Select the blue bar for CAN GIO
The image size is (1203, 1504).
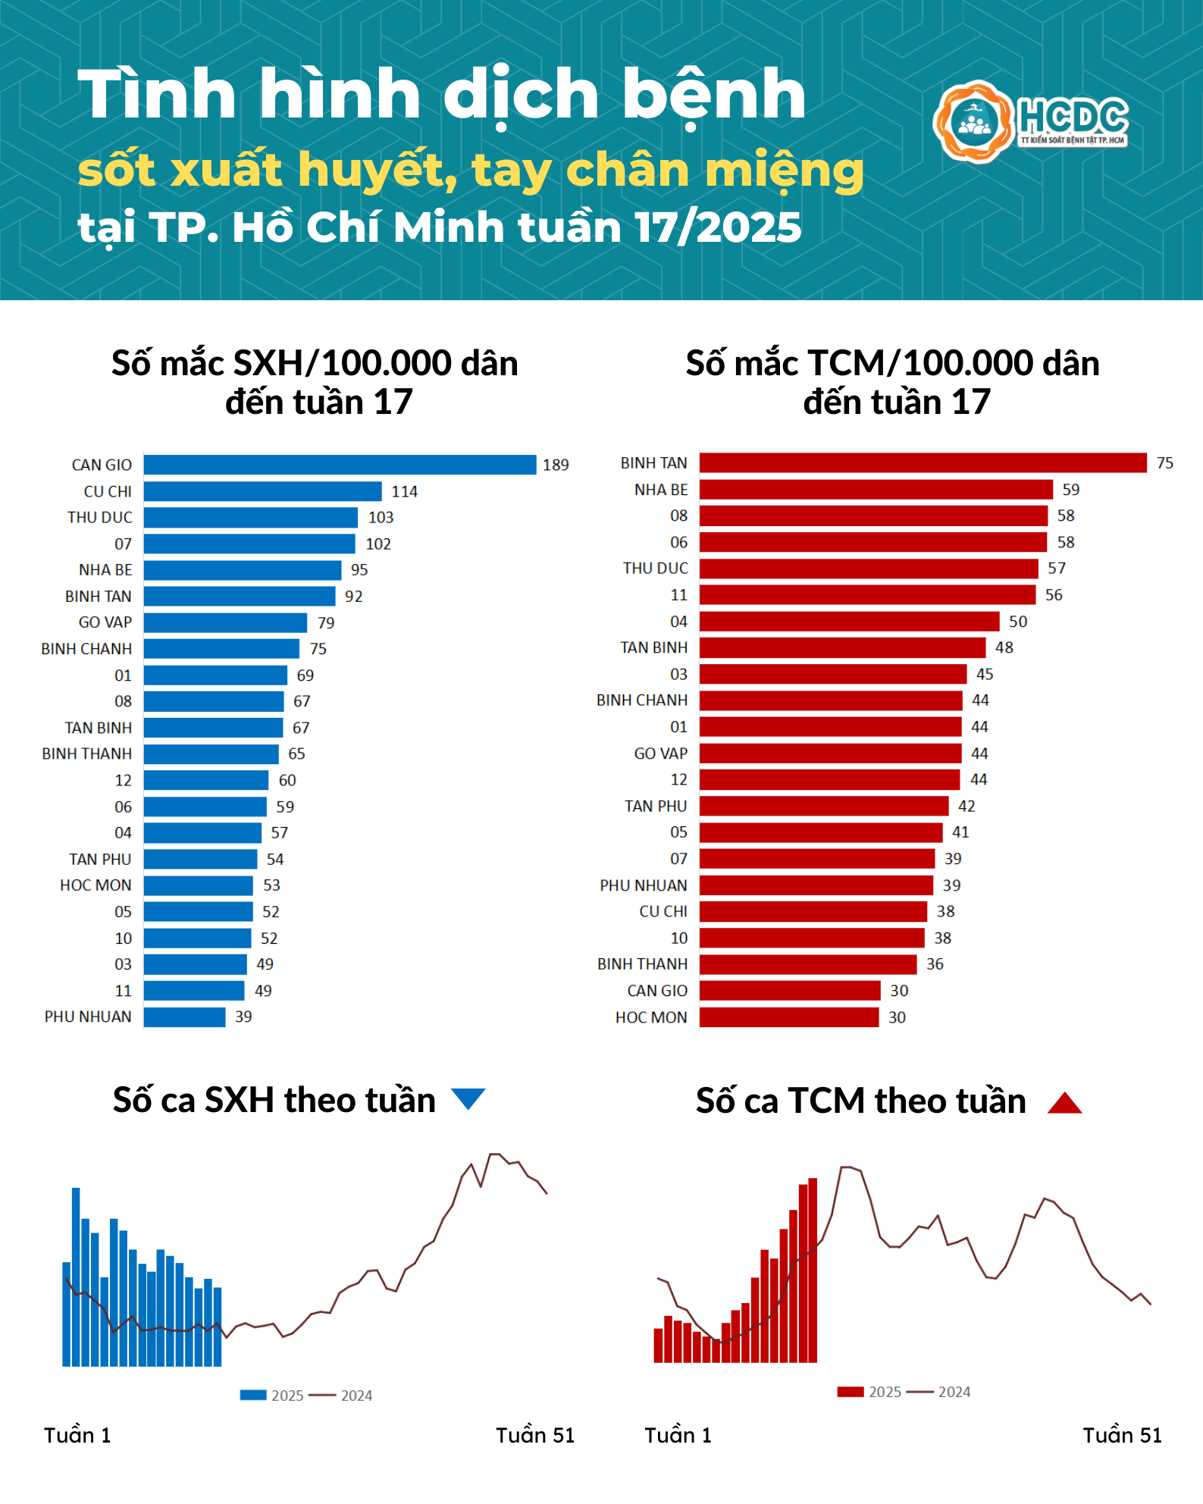coord(340,465)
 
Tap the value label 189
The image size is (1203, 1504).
coord(556,465)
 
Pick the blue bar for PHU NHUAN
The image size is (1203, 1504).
coord(184,1017)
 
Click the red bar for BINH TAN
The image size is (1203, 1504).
coord(923,462)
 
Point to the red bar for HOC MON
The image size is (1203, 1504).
coord(788,1017)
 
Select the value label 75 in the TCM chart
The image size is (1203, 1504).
coord(1164,462)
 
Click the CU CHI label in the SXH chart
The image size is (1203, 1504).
coord(108,491)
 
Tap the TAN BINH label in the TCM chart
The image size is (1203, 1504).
coord(653,647)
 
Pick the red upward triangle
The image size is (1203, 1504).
coord(1064,1103)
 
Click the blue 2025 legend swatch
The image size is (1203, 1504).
coord(252,1395)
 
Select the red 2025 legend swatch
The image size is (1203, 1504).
coord(850,1391)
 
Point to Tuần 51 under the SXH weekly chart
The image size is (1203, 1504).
coord(535,1435)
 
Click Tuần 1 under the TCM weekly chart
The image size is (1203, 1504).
coord(678,1435)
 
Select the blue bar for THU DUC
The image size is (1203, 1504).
coord(250,517)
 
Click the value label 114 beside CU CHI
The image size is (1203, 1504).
coord(404,491)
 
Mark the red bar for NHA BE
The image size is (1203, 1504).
coord(876,489)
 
